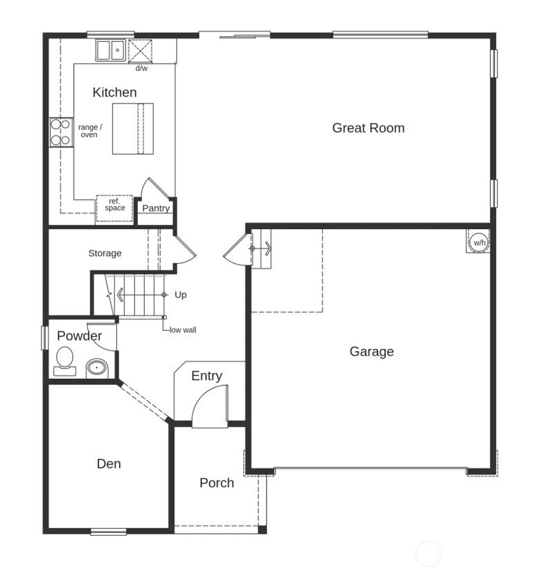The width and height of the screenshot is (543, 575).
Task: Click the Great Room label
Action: pyautogui.click(x=368, y=128)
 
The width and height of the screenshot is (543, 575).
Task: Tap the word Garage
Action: pyautogui.click(x=372, y=351)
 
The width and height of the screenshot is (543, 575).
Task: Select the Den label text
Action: pyautogui.click(x=109, y=464)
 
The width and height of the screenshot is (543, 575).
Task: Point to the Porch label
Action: pyautogui.click(x=217, y=483)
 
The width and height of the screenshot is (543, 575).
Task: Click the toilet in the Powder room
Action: pyautogui.click(x=65, y=359)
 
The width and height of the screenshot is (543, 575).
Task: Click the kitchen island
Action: pyautogui.click(x=133, y=129)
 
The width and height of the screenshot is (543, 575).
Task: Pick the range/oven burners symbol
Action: pyautogui.click(x=60, y=132)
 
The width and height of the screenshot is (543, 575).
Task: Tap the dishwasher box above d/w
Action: pyautogui.click(x=141, y=51)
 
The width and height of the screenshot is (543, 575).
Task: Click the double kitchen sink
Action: pyautogui.click(x=110, y=51)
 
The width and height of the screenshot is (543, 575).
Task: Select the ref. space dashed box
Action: pyautogui.click(x=115, y=208)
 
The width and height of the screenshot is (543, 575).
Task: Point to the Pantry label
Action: pyautogui.click(x=156, y=209)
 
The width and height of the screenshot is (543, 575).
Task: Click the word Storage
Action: pyautogui.click(x=105, y=254)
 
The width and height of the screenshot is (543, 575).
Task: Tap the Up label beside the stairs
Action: pyautogui.click(x=180, y=295)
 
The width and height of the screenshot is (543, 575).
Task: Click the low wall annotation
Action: pyautogui.click(x=183, y=330)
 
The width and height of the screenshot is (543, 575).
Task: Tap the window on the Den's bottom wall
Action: pyautogui.click(x=108, y=531)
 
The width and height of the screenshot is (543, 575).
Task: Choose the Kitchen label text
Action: pyautogui.click(x=115, y=92)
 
